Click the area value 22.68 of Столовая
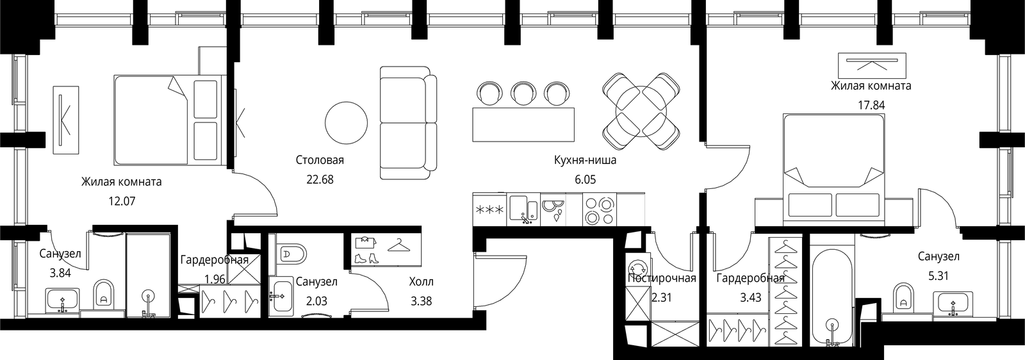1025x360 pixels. click(x=320, y=179)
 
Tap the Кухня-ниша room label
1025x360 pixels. click(x=586, y=161)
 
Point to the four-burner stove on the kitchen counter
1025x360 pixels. click(x=600, y=209)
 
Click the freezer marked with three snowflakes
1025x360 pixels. click(x=489, y=209)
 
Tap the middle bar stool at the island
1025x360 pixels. click(x=522, y=95)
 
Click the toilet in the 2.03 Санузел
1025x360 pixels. click(x=291, y=254)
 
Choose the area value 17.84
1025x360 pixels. click(x=871, y=105)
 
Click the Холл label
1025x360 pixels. click(x=421, y=282)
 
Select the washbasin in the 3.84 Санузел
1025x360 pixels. click(x=63, y=300)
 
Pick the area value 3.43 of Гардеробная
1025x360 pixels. click(x=751, y=298)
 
